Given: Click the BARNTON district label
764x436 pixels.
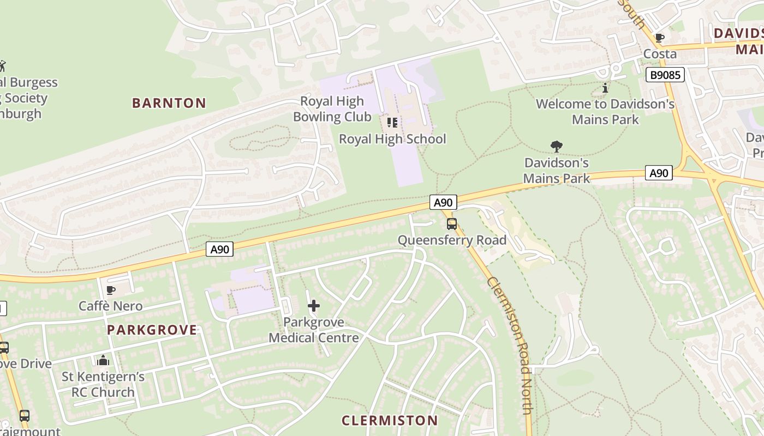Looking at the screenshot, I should coord(169,103).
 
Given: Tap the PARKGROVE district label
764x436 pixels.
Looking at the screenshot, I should coord(152,330).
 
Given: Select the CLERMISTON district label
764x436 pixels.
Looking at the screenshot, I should coord(390,420).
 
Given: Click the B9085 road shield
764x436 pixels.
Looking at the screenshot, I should coord(665,75).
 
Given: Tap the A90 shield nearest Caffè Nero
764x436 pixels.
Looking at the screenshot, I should coord(220,250).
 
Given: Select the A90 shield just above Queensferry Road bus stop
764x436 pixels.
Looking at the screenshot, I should coord(443,203).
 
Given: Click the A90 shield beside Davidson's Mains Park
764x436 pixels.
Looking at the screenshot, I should coord(659,173).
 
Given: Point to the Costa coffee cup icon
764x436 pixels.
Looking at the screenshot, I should coord(659,38).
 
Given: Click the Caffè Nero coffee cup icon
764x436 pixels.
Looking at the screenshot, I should coord(111,290).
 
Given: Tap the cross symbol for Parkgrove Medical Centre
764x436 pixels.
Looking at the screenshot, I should coord(314,306).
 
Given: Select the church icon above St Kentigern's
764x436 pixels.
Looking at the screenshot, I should coord(103,360).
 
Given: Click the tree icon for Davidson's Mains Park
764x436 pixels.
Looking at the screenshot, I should coord(557,146).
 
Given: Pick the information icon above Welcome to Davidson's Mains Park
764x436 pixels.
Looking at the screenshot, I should coord(605,88).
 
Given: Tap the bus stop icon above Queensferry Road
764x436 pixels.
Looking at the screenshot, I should coord(451,223).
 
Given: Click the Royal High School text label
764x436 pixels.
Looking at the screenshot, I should coord(392,139).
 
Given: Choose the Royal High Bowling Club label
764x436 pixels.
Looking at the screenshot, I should coord(332,109).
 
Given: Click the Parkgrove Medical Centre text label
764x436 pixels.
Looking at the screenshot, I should coord(314,330).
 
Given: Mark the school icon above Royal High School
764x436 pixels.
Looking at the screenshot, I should coord(392,123).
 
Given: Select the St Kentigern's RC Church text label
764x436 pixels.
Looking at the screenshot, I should coord(103,384).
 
